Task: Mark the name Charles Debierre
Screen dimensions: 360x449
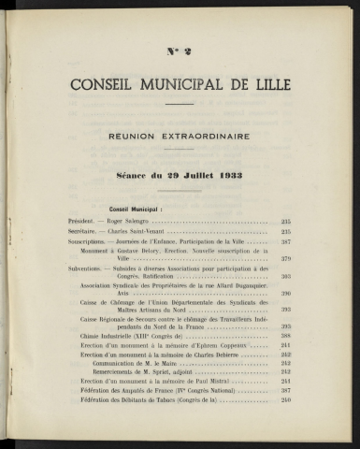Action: (211, 355)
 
